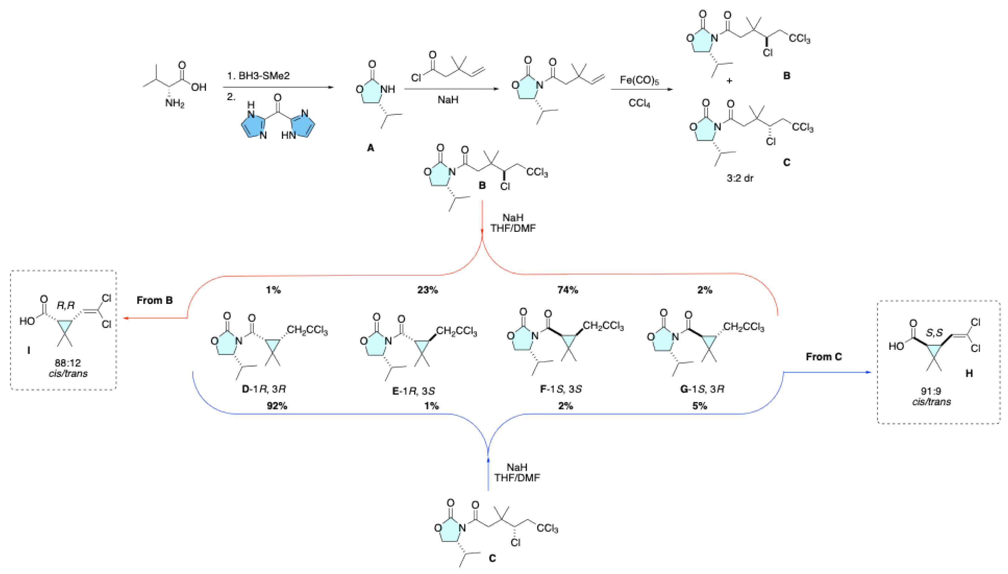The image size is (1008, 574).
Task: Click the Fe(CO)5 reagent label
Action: click(x=639, y=80)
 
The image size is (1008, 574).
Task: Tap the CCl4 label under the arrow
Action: click(x=639, y=103)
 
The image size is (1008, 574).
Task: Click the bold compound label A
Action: click(x=370, y=148)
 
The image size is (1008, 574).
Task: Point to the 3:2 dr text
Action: click(x=740, y=178)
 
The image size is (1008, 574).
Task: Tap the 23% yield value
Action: click(x=427, y=290)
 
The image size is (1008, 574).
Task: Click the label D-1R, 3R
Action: click(x=263, y=389)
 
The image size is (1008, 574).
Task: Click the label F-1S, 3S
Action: click(x=561, y=389)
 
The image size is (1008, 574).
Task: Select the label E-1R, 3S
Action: click(x=413, y=391)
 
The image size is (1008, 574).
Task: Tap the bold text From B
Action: click(x=154, y=300)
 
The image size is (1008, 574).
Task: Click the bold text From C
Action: click(x=824, y=357)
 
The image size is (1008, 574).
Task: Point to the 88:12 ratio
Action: click(x=68, y=363)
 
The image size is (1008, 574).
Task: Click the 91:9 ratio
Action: click(x=931, y=391)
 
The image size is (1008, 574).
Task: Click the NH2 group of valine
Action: click(x=175, y=104)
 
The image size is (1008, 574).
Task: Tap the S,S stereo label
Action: click(x=934, y=333)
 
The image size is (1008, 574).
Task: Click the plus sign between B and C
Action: click(x=729, y=81)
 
